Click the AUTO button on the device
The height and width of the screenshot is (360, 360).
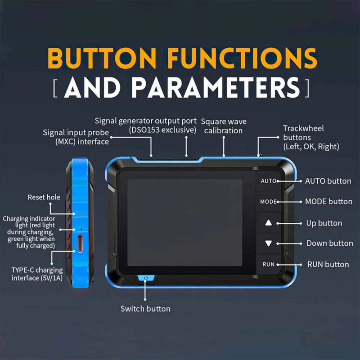268,181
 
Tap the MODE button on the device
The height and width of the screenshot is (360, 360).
268,202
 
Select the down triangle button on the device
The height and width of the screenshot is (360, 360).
269,243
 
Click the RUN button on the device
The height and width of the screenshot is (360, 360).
268,265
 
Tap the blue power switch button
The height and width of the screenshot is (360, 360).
145,278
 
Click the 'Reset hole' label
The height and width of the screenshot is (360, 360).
44,197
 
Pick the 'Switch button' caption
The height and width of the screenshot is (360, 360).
145,309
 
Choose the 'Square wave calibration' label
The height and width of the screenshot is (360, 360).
224,126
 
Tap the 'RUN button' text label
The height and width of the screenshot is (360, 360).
328,264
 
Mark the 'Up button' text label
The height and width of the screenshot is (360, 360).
324,223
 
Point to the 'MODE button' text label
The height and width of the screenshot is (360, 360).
328,202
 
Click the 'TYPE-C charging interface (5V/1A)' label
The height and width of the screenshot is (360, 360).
37,274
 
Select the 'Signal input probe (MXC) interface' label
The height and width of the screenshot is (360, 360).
76,137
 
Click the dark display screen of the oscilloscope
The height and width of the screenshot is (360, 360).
184,220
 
